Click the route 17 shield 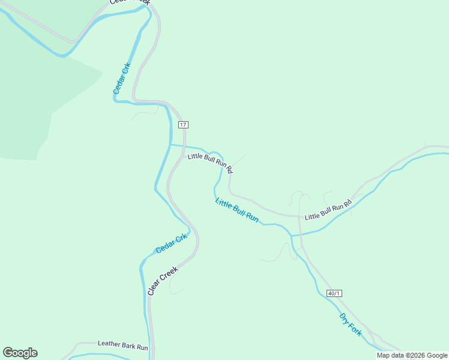(184, 125)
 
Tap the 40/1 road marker (334, 293)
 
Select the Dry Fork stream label (351, 325)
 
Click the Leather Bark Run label (122, 346)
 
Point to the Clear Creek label (163, 281)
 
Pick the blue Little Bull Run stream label (237, 211)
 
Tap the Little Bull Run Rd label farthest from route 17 (328, 211)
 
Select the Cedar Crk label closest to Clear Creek (172, 242)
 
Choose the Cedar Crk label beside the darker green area (121, 79)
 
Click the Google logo (20, 353)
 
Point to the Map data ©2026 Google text (412, 355)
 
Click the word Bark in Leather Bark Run (129, 346)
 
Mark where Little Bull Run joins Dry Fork (292, 235)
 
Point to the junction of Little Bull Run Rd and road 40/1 (300, 216)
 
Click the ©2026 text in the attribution (415, 355)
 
